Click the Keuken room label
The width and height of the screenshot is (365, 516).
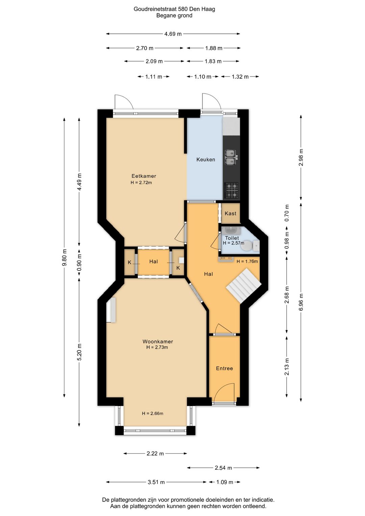[205, 159]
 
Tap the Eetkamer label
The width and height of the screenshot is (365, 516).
[144, 176]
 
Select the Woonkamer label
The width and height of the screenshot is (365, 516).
[158, 342]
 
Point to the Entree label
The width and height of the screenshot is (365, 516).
[224, 368]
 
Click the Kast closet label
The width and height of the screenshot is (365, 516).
[230, 214]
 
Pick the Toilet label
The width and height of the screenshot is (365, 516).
[232, 238]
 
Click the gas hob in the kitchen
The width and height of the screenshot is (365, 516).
[231, 190]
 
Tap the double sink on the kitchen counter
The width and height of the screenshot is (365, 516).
[230, 158]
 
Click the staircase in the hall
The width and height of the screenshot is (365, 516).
[244, 286]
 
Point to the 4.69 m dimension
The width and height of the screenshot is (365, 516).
[173, 34]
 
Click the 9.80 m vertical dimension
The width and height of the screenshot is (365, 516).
[65, 258]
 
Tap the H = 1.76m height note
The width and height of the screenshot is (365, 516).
[247, 261]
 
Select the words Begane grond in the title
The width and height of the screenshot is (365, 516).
[174, 16]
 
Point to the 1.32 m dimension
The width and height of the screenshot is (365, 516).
[240, 76]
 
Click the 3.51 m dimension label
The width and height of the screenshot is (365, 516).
[156, 482]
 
